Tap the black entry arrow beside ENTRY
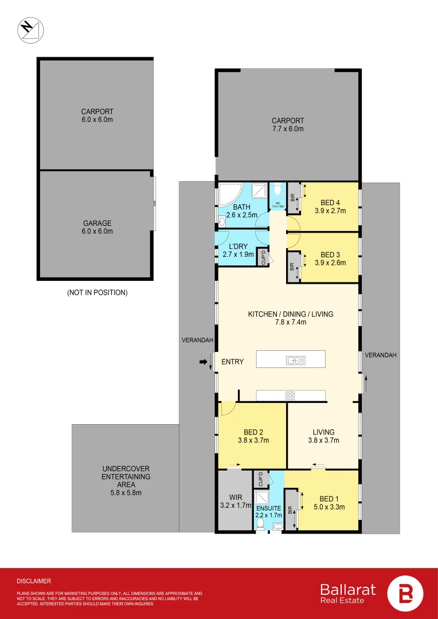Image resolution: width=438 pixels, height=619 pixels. pos(204,362)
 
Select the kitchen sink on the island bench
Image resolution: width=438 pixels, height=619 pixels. pos(296,360)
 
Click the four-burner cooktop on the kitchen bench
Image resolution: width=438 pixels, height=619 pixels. pos(290,395)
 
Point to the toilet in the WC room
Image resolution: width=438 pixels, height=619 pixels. pos(277,191)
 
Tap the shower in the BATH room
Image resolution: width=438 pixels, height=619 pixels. pos(259,191)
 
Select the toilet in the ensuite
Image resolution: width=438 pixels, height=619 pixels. pos(260,523)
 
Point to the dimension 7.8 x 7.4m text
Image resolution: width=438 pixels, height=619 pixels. pos(290,323)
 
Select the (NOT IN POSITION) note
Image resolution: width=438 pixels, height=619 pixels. pos(97,292)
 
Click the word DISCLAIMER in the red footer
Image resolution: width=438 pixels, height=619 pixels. pos(34,581)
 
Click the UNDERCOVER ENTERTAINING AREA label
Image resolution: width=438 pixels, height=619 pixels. pos(126,476)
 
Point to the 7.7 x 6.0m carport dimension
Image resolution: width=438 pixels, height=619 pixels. pos(288,129)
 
